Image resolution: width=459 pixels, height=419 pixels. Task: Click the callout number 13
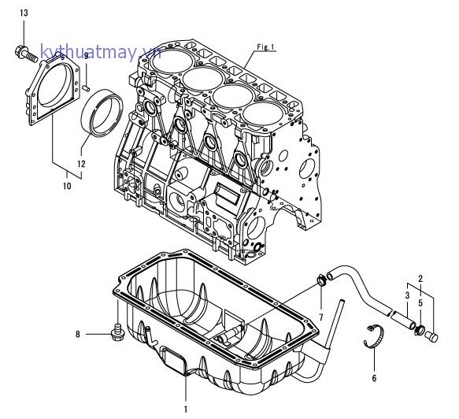pyautogui.click(x=24, y=13)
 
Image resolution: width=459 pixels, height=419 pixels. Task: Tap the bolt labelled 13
pyautogui.click(x=26, y=54)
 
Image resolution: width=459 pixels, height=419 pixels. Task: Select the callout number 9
pyautogui.click(x=86, y=56)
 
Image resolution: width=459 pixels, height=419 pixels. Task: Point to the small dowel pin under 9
pyautogui.click(x=86, y=87)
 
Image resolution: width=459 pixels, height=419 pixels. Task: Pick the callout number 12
pyautogui.click(x=81, y=164)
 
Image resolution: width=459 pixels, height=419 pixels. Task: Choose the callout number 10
pyautogui.click(x=67, y=186)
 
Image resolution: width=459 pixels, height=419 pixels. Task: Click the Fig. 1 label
pyautogui.click(x=265, y=47)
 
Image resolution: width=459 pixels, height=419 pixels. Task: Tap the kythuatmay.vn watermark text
pyautogui.click(x=101, y=52)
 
